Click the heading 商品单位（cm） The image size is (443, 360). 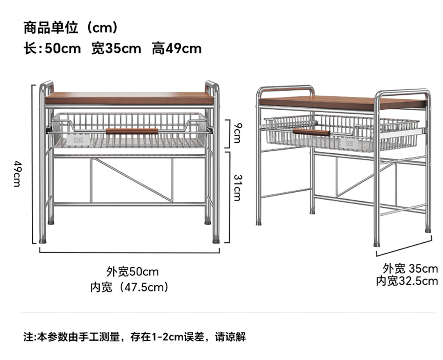tap(71, 28)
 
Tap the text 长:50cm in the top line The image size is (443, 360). tap(52, 48)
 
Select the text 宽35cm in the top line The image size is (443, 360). tap(116, 48)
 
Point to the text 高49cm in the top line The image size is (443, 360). tap(176, 48)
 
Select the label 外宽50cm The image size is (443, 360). tap(132, 271)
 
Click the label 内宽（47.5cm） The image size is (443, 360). tap(129, 287)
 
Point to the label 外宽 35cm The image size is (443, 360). tap(410, 269)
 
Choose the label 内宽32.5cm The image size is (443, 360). tap(406, 281)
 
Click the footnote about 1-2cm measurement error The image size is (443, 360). tap(134, 337)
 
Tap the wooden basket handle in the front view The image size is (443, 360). tap(132, 131)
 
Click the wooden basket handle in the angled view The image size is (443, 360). tap(311, 132)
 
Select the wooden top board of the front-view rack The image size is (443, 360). tap(129, 98)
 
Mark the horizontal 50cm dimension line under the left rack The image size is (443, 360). tap(129, 253)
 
